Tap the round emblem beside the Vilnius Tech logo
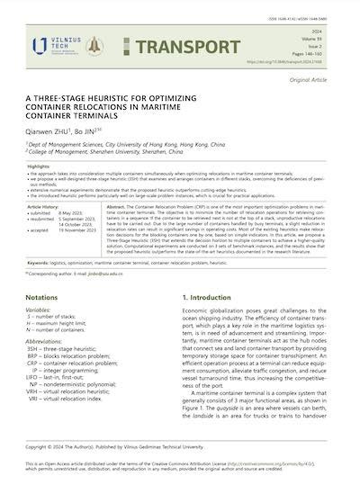pyautogui.click(x=94, y=47)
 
